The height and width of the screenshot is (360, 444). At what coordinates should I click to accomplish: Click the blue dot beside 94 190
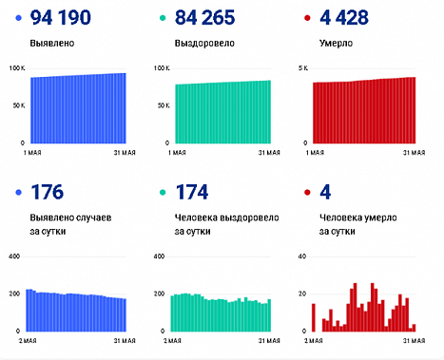coord(20,18)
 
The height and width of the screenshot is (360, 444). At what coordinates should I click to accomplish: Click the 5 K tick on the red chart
coord(303,68)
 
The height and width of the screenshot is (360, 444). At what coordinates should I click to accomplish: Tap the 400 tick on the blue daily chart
coord(14,256)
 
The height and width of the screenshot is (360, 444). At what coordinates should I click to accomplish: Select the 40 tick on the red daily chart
coord(302,256)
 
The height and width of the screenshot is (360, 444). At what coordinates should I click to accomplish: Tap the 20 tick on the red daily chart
coord(302,294)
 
